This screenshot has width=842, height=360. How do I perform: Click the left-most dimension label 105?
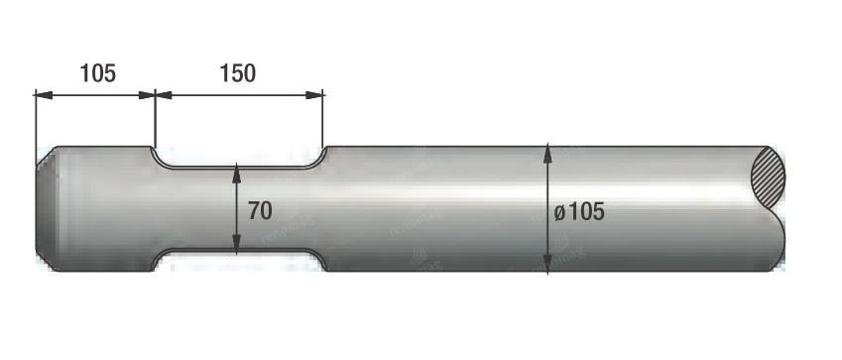click(x=98, y=73)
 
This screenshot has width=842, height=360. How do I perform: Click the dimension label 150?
click(x=238, y=73)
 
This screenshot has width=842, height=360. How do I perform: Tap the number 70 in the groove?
click(x=260, y=211)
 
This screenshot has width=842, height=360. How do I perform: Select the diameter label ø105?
click(x=579, y=212)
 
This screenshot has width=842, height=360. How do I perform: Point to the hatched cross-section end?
click(x=768, y=178)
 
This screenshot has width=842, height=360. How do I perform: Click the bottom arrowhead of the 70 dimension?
click(x=237, y=245)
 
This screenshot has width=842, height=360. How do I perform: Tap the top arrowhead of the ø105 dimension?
click(x=547, y=154)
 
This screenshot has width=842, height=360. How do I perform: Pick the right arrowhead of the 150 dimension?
click(x=314, y=95)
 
